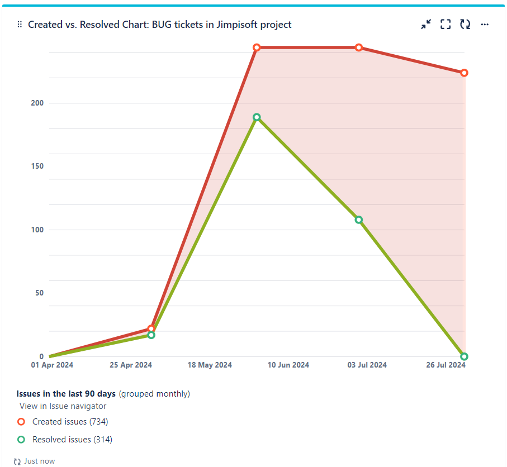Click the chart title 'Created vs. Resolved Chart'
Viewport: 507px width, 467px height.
(159, 25)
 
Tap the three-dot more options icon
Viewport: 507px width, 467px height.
(485, 25)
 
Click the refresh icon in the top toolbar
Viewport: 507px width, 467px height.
(465, 24)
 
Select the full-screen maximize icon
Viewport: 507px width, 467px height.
(446, 24)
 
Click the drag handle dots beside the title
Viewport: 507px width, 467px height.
(20, 25)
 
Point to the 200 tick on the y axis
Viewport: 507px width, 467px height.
(37, 103)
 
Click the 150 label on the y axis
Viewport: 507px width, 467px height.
(37, 166)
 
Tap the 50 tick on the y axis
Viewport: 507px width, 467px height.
(39, 293)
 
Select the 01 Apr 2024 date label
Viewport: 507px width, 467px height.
(51, 365)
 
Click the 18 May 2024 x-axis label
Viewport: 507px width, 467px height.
(210, 365)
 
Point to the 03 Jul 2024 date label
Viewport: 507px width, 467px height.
(367, 365)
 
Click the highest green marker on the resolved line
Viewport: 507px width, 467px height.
(257, 117)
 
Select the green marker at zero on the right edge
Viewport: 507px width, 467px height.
(465, 356)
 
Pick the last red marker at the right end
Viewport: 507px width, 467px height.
(465, 73)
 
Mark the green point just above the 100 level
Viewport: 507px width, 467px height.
(359, 220)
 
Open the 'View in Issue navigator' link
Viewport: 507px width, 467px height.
(63, 406)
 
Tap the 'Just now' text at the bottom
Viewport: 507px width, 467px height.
(39, 461)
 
